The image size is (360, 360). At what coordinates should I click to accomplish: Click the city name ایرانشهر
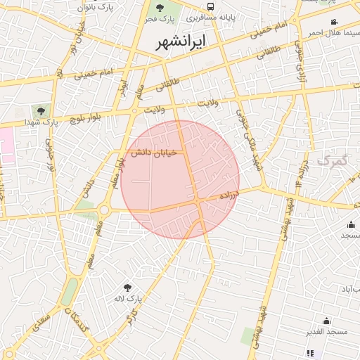click(182, 41)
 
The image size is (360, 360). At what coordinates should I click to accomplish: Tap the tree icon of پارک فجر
click(160, 8)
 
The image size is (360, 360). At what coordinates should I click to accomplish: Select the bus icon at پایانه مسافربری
click(211, 6)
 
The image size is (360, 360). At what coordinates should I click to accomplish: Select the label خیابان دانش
click(151, 153)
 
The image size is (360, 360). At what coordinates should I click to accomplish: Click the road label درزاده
click(229, 195)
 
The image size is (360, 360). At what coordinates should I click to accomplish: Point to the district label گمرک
click(332, 161)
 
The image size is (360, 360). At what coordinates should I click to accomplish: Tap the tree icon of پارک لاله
click(127, 287)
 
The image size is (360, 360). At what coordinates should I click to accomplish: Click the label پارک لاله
click(128, 299)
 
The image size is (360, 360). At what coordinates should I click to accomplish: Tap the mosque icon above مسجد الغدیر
click(326, 321)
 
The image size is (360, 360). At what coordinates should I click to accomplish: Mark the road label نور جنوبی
click(50, 156)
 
